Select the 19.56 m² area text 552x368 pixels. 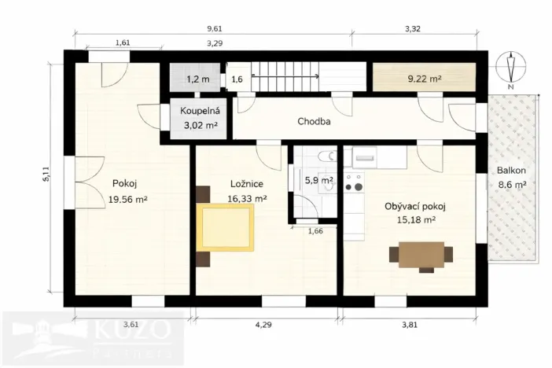click(128, 200)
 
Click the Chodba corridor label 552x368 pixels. click(313, 122)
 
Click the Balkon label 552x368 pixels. click(510, 170)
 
